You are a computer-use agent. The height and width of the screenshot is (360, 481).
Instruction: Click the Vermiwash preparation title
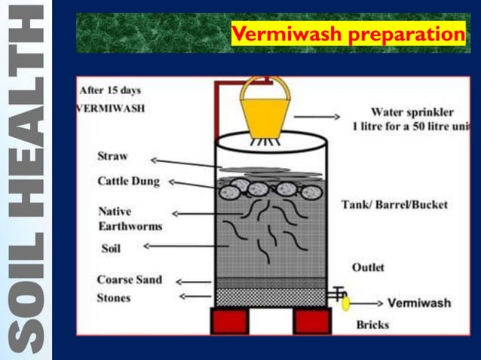point(348,35)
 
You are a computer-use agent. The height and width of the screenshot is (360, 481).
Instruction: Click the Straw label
point(112,157)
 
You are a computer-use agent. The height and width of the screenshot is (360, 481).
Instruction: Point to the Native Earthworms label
point(130,218)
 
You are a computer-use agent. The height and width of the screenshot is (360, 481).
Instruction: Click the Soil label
point(112,246)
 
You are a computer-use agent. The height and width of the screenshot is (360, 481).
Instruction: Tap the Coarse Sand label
point(129,280)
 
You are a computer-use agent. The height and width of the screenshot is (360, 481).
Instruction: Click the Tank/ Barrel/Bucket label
point(394,204)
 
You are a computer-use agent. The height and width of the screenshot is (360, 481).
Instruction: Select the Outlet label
point(368,267)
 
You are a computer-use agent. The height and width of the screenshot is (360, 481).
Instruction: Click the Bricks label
point(373,326)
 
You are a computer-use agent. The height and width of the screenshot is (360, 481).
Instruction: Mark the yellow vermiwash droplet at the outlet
point(346,304)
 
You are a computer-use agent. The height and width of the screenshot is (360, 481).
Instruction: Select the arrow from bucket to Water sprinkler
point(316,117)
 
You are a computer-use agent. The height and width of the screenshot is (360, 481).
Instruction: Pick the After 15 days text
point(110,90)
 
